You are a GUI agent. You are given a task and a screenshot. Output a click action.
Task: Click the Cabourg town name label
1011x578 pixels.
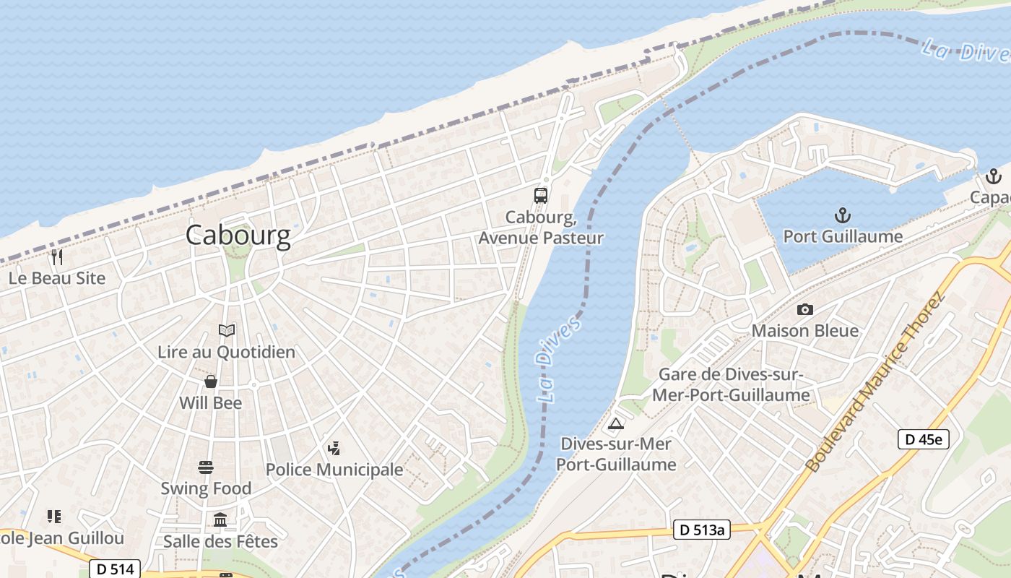238,236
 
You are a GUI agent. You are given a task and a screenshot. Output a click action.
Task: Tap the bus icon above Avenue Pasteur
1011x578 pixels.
541,195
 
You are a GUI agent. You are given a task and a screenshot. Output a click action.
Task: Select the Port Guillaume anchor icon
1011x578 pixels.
842,215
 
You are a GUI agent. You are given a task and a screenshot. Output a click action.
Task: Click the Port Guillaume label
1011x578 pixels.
843,236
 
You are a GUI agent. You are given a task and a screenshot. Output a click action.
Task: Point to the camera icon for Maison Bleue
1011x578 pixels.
804,309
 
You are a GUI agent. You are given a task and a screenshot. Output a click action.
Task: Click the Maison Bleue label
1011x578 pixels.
805,331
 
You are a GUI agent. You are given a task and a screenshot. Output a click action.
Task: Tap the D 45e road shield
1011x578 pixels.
923,439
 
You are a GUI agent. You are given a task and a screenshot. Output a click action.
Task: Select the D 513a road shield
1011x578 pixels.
701,530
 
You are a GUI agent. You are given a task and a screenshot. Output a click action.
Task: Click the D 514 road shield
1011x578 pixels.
115,569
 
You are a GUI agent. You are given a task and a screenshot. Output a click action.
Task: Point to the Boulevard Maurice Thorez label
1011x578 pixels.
875,382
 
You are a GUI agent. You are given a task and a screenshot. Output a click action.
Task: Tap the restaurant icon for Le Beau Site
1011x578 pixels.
57,256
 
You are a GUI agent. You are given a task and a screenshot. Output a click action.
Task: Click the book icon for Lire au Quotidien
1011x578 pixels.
227,330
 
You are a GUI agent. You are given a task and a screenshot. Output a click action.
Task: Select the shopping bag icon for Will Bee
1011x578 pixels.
211,381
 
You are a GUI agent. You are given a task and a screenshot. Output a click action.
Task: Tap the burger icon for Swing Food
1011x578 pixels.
206,467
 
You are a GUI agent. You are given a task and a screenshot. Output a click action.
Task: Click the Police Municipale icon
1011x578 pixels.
334,448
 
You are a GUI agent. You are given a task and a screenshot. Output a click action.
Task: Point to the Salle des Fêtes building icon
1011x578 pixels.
220,519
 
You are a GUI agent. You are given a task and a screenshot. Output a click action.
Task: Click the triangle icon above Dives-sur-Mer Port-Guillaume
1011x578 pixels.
615,423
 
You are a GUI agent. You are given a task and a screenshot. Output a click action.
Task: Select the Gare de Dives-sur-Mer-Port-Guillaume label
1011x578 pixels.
731,385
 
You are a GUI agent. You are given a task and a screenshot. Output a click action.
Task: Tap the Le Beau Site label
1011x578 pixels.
57,278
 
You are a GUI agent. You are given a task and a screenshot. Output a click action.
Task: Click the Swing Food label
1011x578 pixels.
206,488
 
